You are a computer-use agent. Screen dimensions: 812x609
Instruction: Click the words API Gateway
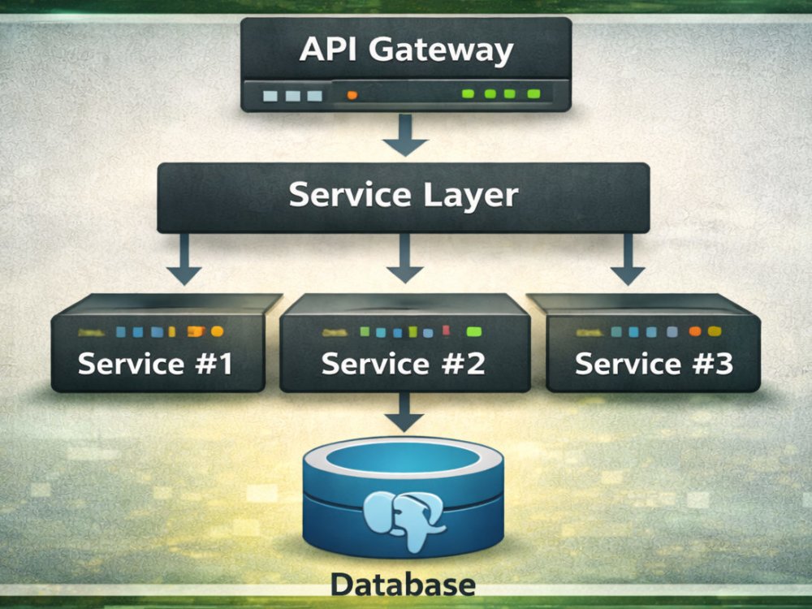click(406, 50)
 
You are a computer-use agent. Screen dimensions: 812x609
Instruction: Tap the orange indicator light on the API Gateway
click(352, 95)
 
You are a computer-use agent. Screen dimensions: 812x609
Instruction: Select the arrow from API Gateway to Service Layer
click(405, 135)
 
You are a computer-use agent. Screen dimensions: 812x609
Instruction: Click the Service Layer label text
click(404, 196)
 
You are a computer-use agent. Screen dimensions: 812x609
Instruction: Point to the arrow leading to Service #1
click(184, 260)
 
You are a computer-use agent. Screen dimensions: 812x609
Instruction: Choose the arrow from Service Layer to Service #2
click(405, 258)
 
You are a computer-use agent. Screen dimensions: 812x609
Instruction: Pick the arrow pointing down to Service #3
click(628, 260)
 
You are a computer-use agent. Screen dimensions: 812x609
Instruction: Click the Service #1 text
click(155, 364)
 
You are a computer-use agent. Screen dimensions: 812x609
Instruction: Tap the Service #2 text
click(404, 364)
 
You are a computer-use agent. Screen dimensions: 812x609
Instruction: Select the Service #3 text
click(654, 364)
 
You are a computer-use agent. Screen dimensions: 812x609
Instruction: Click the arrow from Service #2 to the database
click(404, 412)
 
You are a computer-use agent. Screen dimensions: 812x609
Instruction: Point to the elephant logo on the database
click(403, 520)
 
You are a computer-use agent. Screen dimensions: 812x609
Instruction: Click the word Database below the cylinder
click(403, 584)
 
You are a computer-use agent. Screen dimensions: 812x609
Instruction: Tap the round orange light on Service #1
click(218, 331)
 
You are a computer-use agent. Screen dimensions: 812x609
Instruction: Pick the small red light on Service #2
click(446, 330)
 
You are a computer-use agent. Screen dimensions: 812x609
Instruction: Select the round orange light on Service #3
click(695, 331)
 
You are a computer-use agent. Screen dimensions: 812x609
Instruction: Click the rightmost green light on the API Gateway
click(534, 93)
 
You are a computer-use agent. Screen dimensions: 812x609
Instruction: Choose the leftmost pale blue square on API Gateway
click(270, 96)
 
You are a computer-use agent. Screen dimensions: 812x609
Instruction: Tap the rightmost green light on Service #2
click(474, 331)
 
